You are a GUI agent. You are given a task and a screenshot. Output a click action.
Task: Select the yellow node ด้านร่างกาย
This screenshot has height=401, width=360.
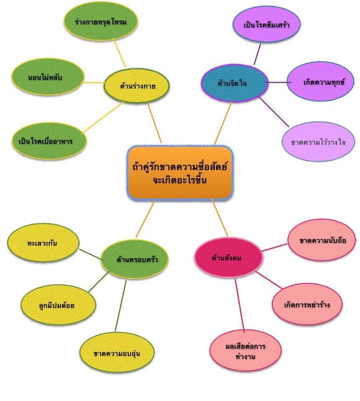[x=137, y=86]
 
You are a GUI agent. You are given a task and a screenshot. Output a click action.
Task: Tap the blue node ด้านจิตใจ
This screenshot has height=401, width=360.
[x=234, y=83]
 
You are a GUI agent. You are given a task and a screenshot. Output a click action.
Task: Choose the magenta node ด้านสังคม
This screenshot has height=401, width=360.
[x=227, y=258]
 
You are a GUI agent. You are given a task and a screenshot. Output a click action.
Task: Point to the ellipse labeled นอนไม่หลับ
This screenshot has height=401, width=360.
[x=48, y=77]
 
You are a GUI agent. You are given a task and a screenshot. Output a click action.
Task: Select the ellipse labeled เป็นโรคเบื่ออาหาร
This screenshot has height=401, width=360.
[x=50, y=140]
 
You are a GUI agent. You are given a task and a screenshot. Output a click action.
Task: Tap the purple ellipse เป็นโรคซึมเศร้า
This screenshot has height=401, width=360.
[x=266, y=24]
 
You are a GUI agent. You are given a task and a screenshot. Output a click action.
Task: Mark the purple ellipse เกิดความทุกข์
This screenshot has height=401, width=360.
[x=320, y=82]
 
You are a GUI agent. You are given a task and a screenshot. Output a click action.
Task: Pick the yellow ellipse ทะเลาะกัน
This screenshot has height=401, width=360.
[x=43, y=243]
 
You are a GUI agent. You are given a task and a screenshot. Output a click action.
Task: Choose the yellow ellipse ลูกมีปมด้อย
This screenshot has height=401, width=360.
[x=55, y=305]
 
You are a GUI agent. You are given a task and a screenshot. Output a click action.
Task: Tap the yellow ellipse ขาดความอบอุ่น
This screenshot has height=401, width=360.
[x=117, y=353]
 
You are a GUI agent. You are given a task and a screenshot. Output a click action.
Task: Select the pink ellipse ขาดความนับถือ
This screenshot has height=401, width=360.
[x=323, y=241]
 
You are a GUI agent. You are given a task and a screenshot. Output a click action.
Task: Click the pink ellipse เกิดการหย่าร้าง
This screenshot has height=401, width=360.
[x=307, y=304]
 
